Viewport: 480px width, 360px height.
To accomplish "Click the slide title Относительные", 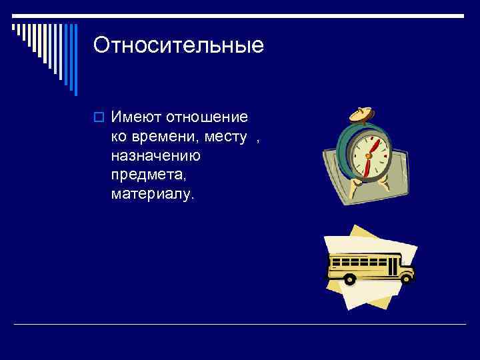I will click(x=179, y=45).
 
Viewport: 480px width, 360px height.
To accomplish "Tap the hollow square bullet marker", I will click(x=99, y=118).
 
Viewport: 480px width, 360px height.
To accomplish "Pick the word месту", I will click(x=227, y=137).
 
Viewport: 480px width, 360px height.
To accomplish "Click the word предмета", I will click(x=143, y=175).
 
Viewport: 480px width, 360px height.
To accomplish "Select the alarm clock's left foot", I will click(x=357, y=181).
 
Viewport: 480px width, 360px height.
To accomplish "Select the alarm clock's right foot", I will click(x=389, y=181).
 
